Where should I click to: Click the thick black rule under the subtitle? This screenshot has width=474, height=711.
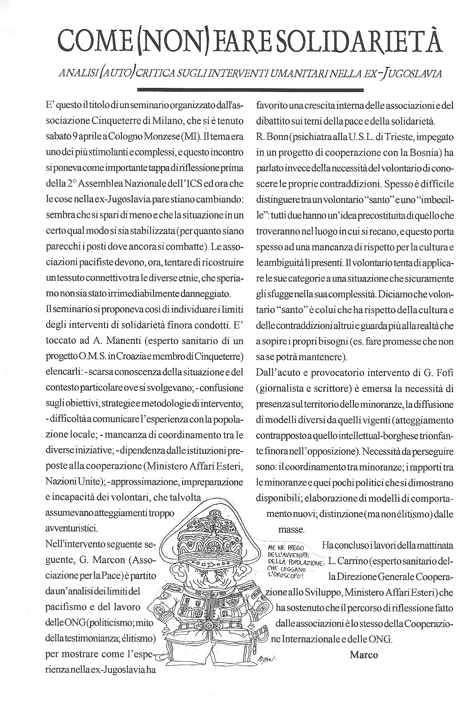pos(251,90)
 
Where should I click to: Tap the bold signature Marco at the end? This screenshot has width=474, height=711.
pos(364,655)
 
